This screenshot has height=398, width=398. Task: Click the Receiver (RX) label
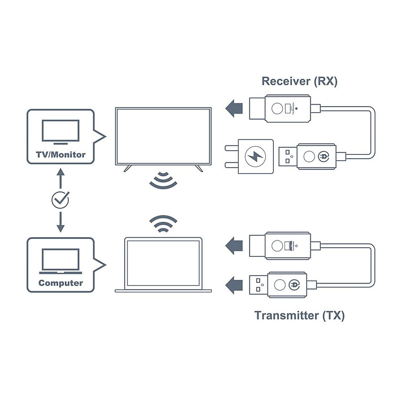click(x=299, y=81)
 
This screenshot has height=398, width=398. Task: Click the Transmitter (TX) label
click(x=299, y=316)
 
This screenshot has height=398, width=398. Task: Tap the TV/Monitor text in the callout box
click(x=60, y=154)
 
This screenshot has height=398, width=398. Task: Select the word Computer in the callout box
click(x=60, y=283)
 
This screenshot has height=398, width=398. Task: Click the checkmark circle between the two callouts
click(x=60, y=199)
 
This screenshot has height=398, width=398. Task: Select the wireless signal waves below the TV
click(x=163, y=180)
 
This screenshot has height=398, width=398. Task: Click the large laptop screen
click(x=163, y=263)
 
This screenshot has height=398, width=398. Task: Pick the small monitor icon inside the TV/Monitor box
click(x=60, y=132)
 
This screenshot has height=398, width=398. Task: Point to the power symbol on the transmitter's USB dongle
click(x=293, y=284)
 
